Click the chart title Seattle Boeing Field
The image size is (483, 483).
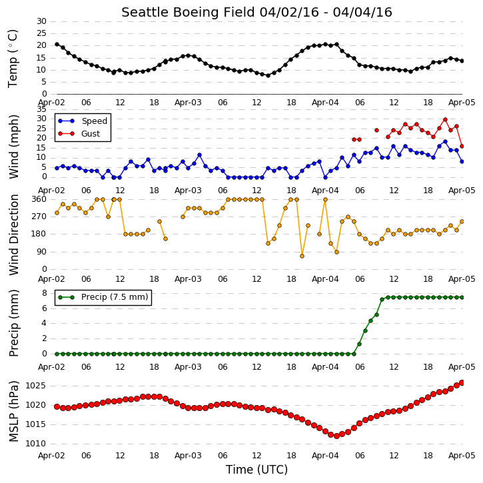[x=189, y=12]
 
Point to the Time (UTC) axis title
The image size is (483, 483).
[x=256, y=470]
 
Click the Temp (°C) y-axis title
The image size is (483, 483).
[x=13, y=59]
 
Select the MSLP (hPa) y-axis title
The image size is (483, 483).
[x=13, y=411]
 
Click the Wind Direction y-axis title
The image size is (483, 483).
[x=13, y=235]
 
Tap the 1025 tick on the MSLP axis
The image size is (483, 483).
[x=35, y=386]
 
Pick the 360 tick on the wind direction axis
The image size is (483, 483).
[x=39, y=199]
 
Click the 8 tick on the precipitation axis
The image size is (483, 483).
[x=45, y=293]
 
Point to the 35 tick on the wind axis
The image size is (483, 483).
[x=41, y=109]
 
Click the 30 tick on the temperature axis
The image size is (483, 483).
[x=41, y=21]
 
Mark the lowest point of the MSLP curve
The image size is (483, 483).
[x=336, y=436]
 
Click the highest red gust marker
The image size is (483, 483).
[x=445, y=119]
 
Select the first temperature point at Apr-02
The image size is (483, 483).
[x=57, y=45]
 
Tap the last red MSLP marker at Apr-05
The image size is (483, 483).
[x=462, y=382]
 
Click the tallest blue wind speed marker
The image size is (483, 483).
[x=445, y=142]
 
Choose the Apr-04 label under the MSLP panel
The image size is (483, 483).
[x=325, y=456]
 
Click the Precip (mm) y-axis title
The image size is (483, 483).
[x=13, y=323]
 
